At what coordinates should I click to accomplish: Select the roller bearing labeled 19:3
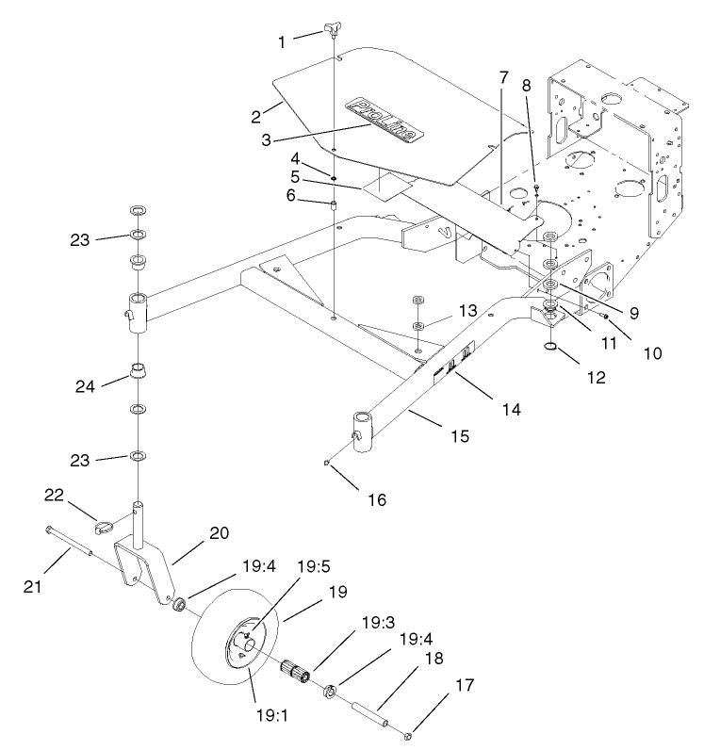coord(299,676)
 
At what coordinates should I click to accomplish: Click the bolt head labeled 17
coord(406,734)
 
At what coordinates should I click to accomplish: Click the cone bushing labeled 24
coord(138,367)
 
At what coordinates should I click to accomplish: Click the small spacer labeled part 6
coord(336,206)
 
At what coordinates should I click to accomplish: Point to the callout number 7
coord(503,75)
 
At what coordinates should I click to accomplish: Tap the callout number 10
coord(653,354)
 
